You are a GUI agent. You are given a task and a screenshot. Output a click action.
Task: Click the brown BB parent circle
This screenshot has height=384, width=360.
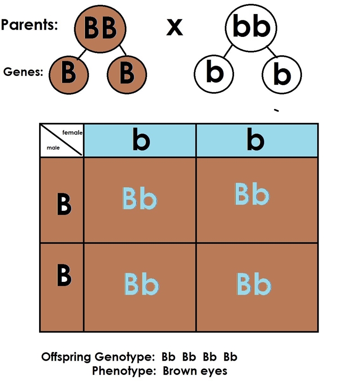pyautogui.click(x=100, y=29)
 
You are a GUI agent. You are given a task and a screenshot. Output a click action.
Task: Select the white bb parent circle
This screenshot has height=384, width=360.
pyautogui.click(x=251, y=28)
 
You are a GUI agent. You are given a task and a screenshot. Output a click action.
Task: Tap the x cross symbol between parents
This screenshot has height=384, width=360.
pyautogui.click(x=175, y=27)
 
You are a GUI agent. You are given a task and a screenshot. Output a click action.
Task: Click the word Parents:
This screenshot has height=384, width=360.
pyautogui.click(x=29, y=24)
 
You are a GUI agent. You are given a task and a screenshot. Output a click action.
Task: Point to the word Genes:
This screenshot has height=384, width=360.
pyautogui.click(x=23, y=72)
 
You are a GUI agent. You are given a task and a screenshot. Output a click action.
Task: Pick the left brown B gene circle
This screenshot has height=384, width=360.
pyautogui.click(x=68, y=75)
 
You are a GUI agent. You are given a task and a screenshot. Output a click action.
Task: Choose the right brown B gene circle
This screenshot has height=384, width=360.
pyautogui.click(x=127, y=75)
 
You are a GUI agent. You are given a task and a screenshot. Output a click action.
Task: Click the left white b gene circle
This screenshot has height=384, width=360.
pyautogui.click(x=214, y=74)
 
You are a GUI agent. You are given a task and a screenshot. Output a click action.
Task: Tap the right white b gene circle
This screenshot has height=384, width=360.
pyautogui.click(x=282, y=75)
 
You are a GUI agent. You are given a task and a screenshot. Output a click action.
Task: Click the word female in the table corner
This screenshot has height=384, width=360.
pyautogui.click(x=72, y=133)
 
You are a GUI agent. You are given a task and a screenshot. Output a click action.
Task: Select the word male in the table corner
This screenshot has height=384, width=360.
pyautogui.click(x=53, y=147)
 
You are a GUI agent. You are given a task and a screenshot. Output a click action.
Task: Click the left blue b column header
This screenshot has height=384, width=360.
pyautogui.click(x=140, y=140)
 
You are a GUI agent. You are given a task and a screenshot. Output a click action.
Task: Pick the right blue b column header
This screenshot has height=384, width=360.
pyautogui.click(x=257, y=140)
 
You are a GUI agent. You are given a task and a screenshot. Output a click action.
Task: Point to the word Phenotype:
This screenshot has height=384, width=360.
pyautogui.click(x=124, y=371)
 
